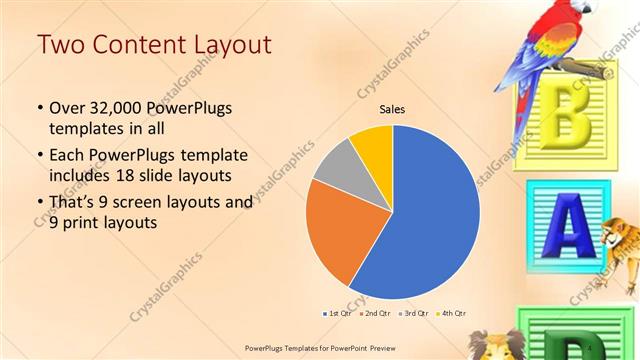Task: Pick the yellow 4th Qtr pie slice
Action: click(372, 144)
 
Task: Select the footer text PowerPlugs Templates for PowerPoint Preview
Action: click(318, 346)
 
